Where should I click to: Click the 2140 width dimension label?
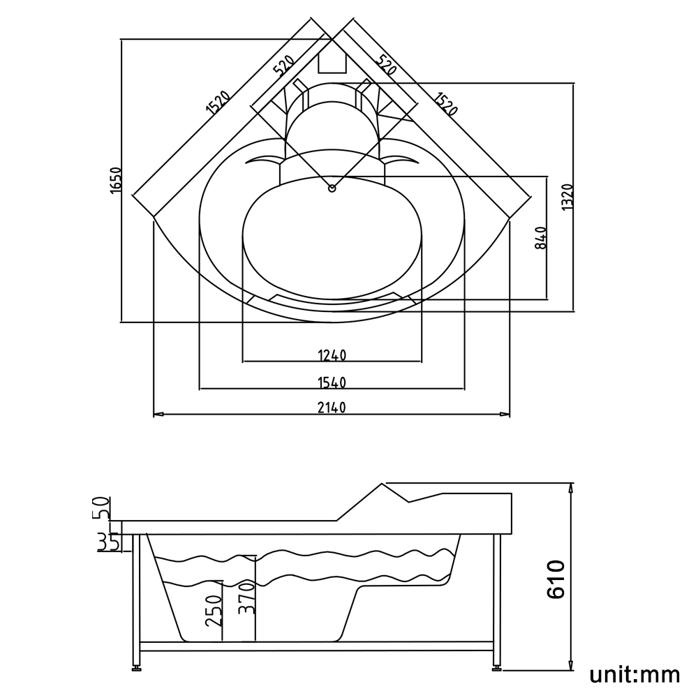tap(332, 408)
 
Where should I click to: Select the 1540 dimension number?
tap(332, 383)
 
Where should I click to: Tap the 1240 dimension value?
tap(332, 355)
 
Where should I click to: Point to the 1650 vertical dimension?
tap(115, 180)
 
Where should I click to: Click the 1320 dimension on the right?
tap(567, 197)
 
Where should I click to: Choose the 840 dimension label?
tap(541, 238)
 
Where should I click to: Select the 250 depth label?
tap(214, 611)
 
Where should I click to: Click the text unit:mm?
tap(634, 674)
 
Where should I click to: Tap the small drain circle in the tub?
tap(332, 188)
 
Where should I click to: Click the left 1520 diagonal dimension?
tap(218, 103)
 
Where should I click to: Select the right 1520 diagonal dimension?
tap(445, 103)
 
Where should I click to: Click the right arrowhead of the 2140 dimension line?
tap(505, 415)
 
